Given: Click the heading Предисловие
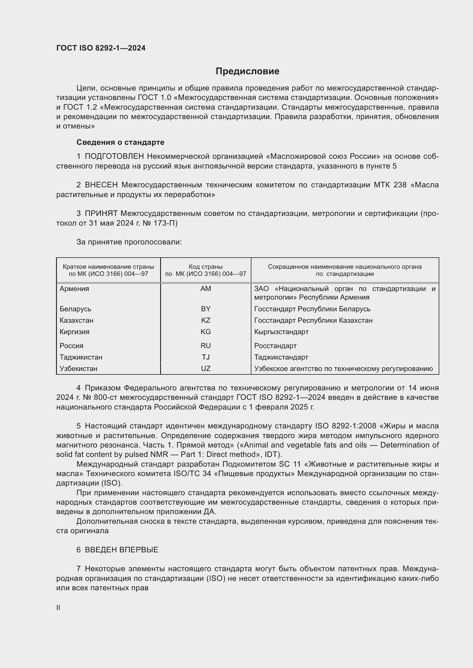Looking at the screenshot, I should click(247, 71).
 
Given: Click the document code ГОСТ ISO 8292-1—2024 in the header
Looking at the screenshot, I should click(101, 48).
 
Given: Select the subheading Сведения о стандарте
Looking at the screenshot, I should click(120, 142).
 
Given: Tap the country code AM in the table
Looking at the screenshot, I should click(206, 289).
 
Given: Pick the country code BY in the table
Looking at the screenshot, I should click(206, 309).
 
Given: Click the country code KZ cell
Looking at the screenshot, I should click(206, 320).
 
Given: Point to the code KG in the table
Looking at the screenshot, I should click(206, 332).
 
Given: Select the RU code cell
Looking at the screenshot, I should click(206, 346).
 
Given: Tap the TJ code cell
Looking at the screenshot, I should click(206, 357).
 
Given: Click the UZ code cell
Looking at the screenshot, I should click(206, 369).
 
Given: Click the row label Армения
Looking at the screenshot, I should click(74, 289).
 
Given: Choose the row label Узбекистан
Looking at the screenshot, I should click(78, 369).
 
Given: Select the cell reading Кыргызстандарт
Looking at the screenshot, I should click(281, 332).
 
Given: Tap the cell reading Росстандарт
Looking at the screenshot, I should click(275, 346).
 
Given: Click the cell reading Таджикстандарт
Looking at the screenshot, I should click(281, 357).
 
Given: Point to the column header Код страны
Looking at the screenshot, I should click(206, 266).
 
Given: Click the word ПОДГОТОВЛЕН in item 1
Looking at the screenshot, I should click(114, 157).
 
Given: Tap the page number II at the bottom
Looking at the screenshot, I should click(58, 607).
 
